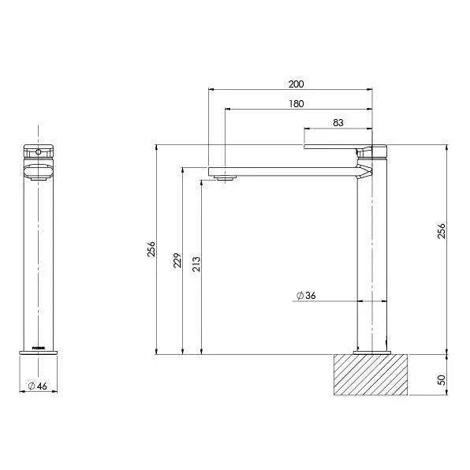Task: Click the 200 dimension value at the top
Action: pyautogui.click(x=297, y=84)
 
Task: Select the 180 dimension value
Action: pyautogui.click(x=297, y=103)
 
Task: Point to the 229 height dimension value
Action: pyautogui.click(x=177, y=259)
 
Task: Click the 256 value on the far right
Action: pyautogui.click(x=442, y=231)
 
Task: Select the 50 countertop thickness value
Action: pyautogui.click(x=442, y=379)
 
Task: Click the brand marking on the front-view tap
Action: pyautogui.click(x=36, y=346)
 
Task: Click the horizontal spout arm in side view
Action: pyautogui.click(x=284, y=171)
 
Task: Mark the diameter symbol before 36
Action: pyautogui.click(x=300, y=295)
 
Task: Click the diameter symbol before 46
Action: pyautogui.click(x=31, y=386)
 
